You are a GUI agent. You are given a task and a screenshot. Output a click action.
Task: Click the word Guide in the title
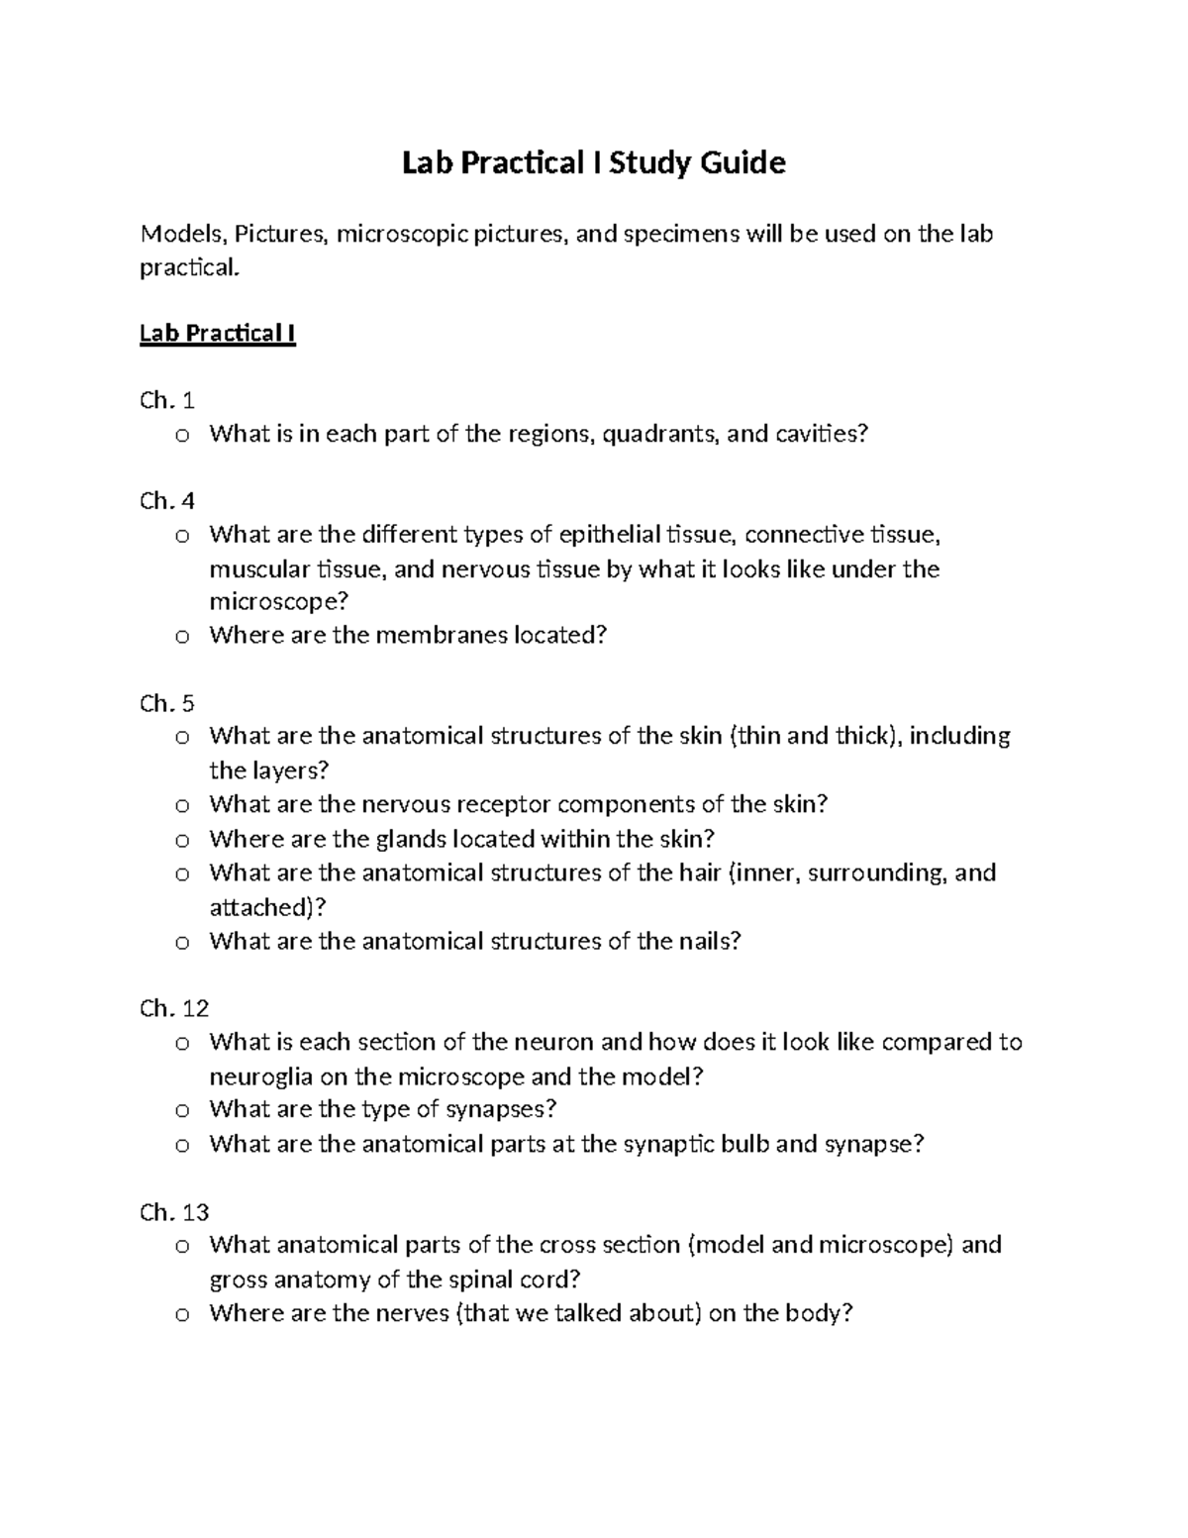742,162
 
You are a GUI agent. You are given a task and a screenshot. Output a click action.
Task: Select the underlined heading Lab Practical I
218,333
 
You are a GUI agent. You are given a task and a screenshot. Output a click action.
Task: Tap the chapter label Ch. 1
167,400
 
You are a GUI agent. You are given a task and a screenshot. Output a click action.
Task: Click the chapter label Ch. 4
167,501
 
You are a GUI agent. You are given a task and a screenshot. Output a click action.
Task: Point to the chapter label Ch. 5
167,704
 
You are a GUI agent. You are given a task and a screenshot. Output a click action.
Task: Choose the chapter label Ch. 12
174,1009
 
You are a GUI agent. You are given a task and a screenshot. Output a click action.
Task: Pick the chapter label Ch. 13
174,1212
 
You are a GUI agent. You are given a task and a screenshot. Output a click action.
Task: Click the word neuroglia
257,1077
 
